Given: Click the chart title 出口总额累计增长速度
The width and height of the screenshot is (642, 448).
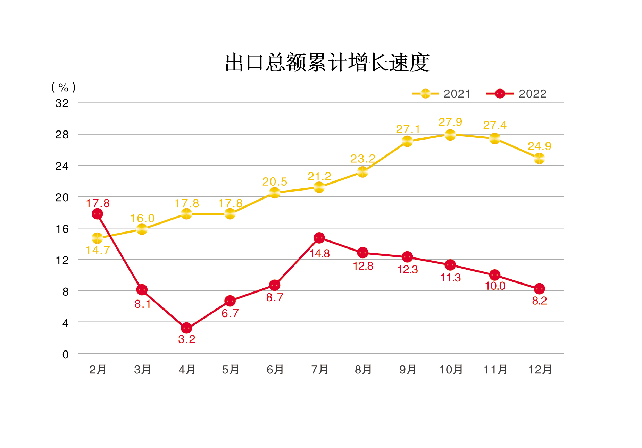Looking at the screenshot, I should pos(327,63).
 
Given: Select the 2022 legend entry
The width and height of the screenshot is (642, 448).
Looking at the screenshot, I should pos(517,94).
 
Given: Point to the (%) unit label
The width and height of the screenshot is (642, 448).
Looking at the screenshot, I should pos(63,87).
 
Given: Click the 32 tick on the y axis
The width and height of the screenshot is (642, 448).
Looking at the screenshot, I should pos(62,103).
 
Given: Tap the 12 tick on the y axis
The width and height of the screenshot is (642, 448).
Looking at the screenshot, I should pos(62,260).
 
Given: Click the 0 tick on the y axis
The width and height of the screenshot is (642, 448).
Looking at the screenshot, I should pos(65,354).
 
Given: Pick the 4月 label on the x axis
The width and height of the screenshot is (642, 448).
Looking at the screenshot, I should pos(187,370).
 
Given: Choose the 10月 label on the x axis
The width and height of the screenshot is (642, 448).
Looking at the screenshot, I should pos(451,370).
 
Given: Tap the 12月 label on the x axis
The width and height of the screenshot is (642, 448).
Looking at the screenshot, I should pos(540,370).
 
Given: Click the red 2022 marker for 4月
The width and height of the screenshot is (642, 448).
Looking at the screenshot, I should pos(186,328).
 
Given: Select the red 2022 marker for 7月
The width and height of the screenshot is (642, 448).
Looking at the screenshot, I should pos(319,238).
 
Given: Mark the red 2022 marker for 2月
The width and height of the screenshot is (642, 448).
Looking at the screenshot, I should pos(97,214).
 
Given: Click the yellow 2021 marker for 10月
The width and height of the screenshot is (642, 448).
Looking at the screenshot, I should pos(450,135).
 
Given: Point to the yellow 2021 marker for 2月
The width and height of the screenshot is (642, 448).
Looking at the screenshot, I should pos(97,238).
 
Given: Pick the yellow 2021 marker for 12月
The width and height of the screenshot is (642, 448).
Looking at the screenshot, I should pos(539,158).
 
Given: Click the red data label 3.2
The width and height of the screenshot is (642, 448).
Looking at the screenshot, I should pos(186,339).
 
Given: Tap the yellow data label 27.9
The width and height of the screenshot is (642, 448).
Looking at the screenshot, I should pos(450,122).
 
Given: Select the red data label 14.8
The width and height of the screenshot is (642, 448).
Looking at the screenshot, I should pos(319,253).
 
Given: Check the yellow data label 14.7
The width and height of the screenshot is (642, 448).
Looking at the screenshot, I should pos(98,250).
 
